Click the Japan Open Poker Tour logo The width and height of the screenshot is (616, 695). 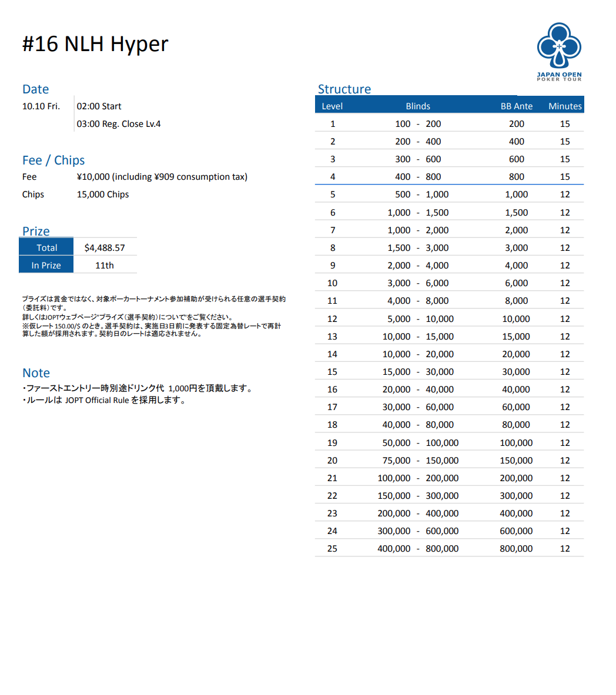pyautogui.click(x=559, y=51)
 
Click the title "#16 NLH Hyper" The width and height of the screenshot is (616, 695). pyautogui.click(x=95, y=44)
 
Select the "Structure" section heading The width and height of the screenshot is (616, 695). pyautogui.click(x=344, y=89)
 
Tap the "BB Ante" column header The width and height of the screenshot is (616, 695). pyautogui.click(x=517, y=106)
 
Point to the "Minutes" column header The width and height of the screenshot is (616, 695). pyautogui.click(x=565, y=106)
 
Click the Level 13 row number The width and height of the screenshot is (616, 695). pyautogui.click(x=332, y=337)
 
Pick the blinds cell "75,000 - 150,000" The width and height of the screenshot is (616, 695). pyautogui.click(x=418, y=461)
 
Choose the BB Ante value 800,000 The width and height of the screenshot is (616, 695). pyautogui.click(x=516, y=549)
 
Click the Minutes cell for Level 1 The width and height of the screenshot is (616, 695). pyautogui.click(x=565, y=124)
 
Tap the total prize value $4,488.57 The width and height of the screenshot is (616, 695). pyautogui.click(x=105, y=248)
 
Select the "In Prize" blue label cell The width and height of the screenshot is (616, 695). pyautogui.click(x=46, y=266)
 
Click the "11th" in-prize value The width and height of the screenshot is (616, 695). pyautogui.click(x=105, y=266)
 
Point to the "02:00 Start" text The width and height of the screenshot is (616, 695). pyautogui.click(x=99, y=106)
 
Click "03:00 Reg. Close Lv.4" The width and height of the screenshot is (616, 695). pyautogui.click(x=119, y=124)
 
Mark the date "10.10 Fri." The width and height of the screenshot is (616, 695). pyautogui.click(x=41, y=106)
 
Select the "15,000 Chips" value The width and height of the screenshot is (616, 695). pyautogui.click(x=103, y=194)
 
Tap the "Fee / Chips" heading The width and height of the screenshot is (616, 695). pyautogui.click(x=53, y=160)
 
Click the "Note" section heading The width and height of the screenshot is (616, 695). pyautogui.click(x=36, y=373)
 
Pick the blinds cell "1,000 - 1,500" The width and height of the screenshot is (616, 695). pyautogui.click(x=418, y=213)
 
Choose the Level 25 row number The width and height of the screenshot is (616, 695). pyautogui.click(x=332, y=549)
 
